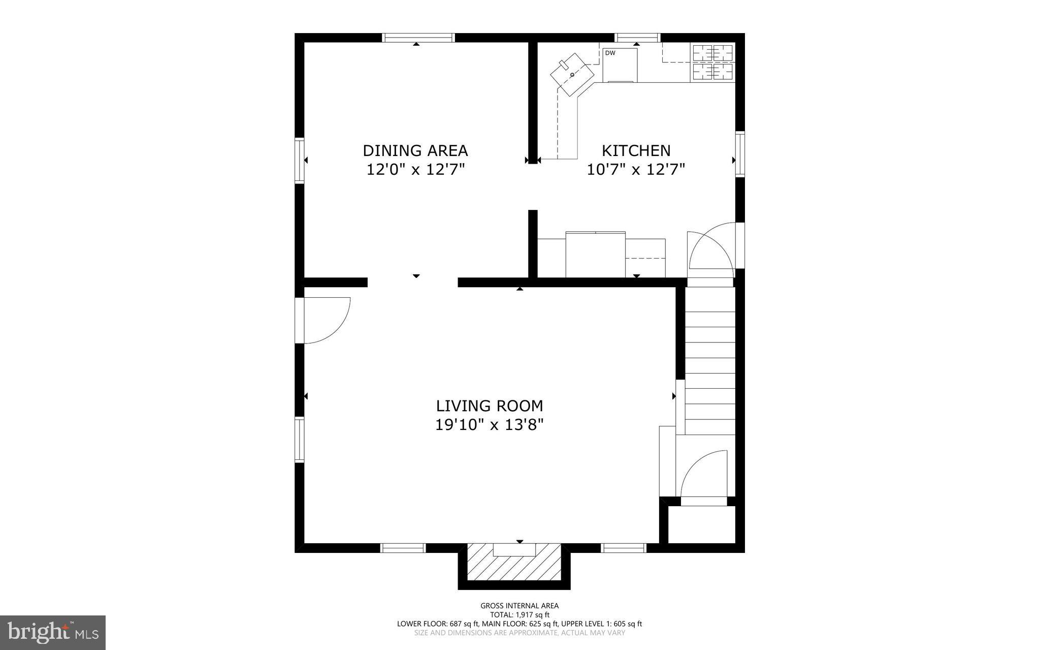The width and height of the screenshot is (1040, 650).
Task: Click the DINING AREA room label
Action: (x=415, y=151)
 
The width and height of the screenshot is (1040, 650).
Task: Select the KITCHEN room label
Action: (x=636, y=151)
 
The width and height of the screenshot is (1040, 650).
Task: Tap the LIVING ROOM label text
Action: (x=490, y=406)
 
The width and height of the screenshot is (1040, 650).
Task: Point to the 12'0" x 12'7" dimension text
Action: (x=416, y=169)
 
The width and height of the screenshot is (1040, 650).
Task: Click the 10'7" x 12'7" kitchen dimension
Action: (x=636, y=169)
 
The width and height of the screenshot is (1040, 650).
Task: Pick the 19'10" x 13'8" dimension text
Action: (x=490, y=424)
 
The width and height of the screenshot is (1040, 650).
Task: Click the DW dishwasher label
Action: (x=610, y=53)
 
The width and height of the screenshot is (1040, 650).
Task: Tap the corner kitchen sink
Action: (x=572, y=75)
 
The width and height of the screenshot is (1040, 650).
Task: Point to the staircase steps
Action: (x=709, y=361)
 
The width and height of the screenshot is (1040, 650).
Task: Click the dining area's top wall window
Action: (x=417, y=38)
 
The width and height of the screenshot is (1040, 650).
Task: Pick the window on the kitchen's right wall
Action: (x=740, y=154)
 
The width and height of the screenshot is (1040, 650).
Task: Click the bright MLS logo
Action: (x=52, y=632)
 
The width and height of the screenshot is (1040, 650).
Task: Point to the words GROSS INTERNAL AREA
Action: (x=519, y=606)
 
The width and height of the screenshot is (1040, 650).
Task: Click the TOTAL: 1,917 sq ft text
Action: (x=519, y=615)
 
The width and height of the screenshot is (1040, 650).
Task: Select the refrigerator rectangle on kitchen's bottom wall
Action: (x=595, y=254)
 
